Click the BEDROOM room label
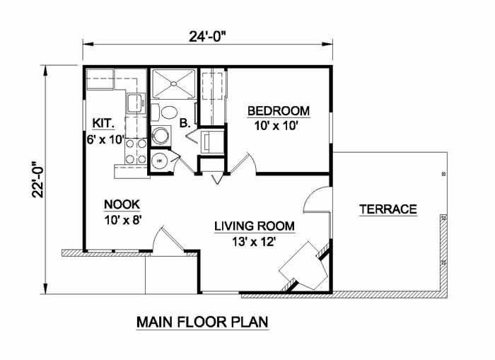pyautogui.click(x=279, y=111)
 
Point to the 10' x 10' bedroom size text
pyautogui.click(x=276, y=127)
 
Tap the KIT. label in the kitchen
pyautogui.click(x=103, y=123)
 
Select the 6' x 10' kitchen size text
pyautogui.click(x=105, y=139)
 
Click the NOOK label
pyautogui.click(x=122, y=204)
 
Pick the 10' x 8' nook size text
pyautogui.click(x=122, y=220)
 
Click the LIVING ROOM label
pyautogui.click(x=255, y=226)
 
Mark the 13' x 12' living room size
pyautogui.click(x=254, y=242)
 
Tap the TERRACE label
pyautogui.click(x=388, y=209)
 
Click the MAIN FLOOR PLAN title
pyautogui.click(x=202, y=322)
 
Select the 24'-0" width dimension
pyautogui.click(x=208, y=37)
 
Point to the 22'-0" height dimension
pyautogui.click(x=37, y=180)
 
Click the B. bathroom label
pyautogui.click(x=185, y=123)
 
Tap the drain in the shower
pyautogui.click(x=173, y=83)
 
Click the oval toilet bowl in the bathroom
pyautogui.click(x=168, y=112)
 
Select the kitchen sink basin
pyautogui.click(x=136, y=103)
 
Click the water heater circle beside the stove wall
pyautogui.click(x=160, y=161)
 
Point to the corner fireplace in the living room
pyautogui.click(x=303, y=266)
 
